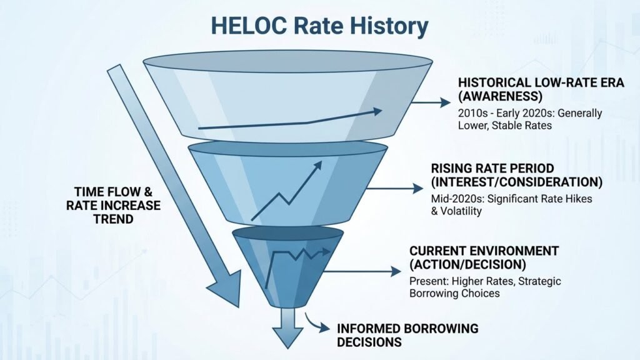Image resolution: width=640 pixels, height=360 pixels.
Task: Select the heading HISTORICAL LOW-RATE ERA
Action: pyautogui.click(x=541, y=82)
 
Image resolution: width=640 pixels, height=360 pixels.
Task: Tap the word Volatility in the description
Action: pyautogui.click(x=463, y=211)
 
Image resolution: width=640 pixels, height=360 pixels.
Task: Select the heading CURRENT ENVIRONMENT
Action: pyautogui.click(x=484, y=251)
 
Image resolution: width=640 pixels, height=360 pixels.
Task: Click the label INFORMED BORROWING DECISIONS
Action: pyautogui.click(x=399, y=335)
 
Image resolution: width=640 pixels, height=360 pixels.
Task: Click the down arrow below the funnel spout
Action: pyautogui.click(x=287, y=332)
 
